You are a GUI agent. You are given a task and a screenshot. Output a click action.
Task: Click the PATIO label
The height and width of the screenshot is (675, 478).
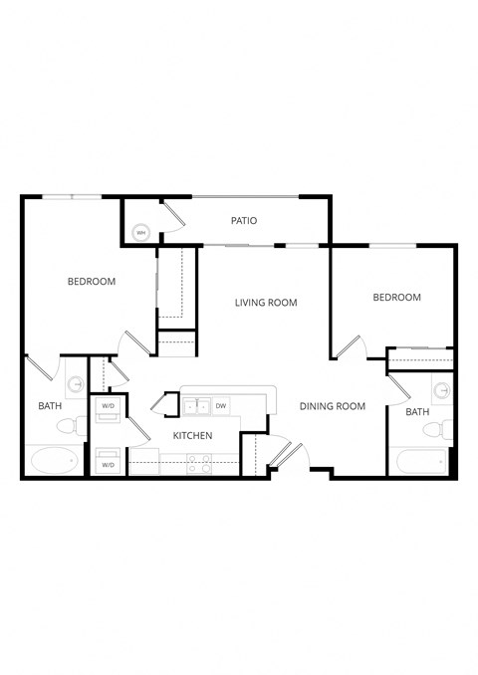245,221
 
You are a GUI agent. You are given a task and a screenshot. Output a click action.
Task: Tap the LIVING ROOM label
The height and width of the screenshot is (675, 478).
267,303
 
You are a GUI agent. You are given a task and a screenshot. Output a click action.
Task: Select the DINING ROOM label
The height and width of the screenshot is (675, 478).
332,406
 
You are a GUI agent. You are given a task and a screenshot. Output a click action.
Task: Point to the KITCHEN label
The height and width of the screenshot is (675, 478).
192,436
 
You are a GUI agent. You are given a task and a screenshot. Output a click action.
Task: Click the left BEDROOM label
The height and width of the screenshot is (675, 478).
92,282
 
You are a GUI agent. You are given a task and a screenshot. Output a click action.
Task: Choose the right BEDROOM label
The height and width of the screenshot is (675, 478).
396,298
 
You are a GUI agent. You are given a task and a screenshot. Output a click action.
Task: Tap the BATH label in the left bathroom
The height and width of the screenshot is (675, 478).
50,406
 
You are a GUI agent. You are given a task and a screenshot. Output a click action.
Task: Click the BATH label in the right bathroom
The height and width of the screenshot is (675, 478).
417,412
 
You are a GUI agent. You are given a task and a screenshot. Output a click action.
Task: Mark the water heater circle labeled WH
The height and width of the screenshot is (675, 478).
141,233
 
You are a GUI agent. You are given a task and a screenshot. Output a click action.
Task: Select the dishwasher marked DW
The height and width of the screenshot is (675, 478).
221,405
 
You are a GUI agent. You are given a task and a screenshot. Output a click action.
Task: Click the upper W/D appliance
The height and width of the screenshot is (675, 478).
108,406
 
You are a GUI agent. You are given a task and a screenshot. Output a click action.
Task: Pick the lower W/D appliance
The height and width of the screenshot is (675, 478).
108,462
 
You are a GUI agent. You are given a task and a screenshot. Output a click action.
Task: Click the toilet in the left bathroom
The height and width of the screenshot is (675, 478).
70,425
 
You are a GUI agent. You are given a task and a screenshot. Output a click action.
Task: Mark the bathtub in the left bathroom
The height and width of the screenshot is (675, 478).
55,461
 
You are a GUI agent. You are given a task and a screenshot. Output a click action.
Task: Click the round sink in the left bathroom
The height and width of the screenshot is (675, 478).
76,382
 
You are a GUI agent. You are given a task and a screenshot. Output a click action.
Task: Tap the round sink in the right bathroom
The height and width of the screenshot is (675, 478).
441,387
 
